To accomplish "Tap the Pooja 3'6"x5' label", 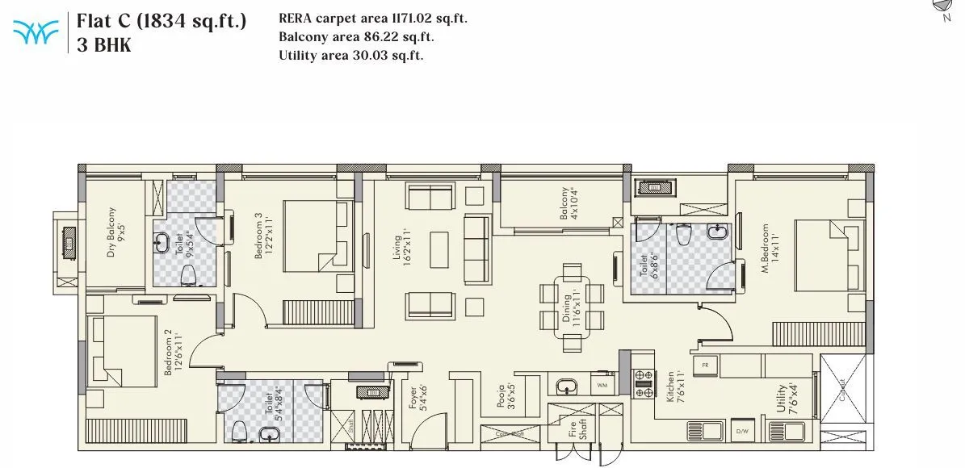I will point(506,397).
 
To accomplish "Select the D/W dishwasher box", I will point(742,432).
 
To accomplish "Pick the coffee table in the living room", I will point(439,250).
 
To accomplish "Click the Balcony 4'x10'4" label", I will point(569,205).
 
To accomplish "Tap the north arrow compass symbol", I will point(943,6).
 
